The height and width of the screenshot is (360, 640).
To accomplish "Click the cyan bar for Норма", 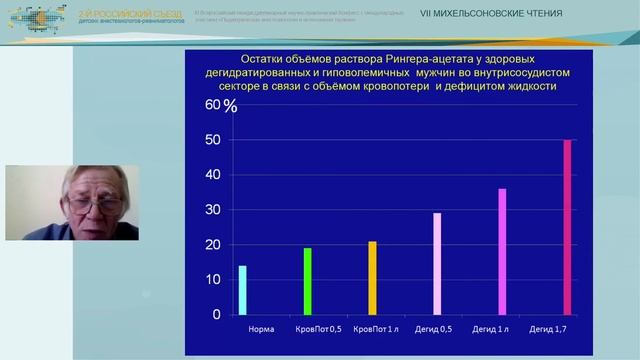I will click(243, 290).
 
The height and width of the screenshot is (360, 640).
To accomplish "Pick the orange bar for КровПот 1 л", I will click(372, 278).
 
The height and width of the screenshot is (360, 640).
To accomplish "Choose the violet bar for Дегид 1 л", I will click(502, 252).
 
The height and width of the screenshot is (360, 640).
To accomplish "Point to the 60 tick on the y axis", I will click(211, 104).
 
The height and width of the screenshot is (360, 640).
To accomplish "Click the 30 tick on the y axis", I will click(211, 210).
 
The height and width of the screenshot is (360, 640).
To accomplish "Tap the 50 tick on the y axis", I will click(211, 140).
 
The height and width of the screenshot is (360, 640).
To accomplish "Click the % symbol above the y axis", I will click(230, 107).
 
